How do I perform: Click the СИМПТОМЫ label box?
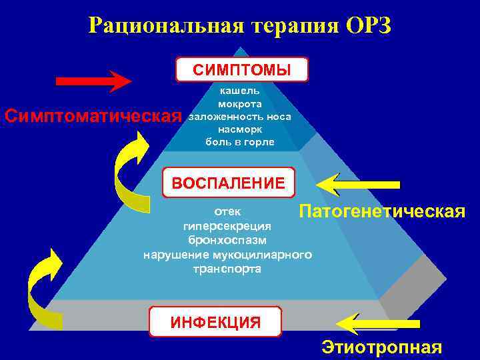(241, 69)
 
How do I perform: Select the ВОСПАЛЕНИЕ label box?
(228, 182)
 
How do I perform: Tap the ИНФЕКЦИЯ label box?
(215, 322)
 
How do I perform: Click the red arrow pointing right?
(93, 81)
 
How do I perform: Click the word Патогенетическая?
(381, 212)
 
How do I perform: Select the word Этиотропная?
(381, 347)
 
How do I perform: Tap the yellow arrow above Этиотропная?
(377, 323)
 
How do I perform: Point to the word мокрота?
(239, 104)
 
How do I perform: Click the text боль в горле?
(239, 142)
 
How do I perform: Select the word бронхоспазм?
(227, 239)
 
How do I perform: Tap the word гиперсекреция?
(227, 226)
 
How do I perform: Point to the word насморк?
(239, 129)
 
